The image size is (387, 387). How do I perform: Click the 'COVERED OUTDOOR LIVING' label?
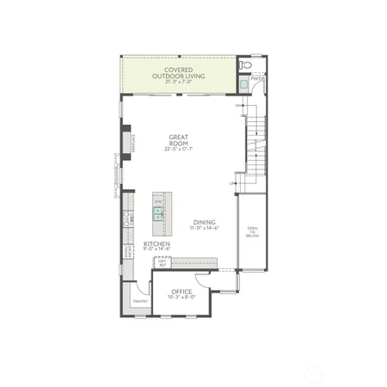coord(178,71)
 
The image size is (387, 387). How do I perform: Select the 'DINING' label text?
coord(205,222)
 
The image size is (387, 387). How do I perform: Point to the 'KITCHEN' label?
coord(157,243)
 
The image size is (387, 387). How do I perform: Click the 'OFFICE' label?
coord(182,292)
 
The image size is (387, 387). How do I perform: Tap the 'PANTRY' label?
coord(141,301)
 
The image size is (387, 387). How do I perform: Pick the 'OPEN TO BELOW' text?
coord(252,230)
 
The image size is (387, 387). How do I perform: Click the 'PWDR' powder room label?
coord(256,77)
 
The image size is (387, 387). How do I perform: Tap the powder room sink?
coord(243,84)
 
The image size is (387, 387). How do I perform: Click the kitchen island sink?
coord(158,214)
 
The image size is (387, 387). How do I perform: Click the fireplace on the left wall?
coord(126,144)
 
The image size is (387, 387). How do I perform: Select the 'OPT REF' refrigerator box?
coord(161,262)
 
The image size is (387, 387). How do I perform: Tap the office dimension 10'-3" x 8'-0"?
coord(182,298)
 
